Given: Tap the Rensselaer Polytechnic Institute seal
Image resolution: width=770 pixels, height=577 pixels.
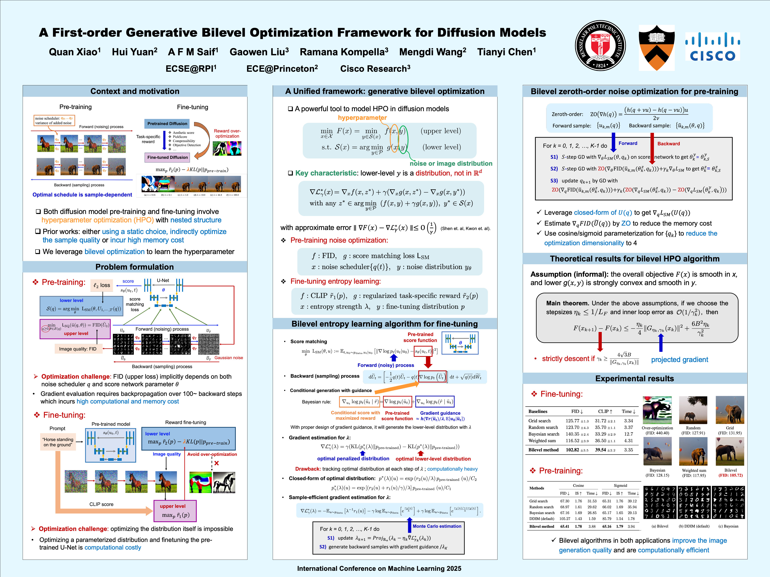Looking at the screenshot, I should click(600, 45).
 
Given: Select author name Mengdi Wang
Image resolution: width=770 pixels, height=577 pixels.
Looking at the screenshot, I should click(432, 52).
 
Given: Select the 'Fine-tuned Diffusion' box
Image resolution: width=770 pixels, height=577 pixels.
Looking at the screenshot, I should click(167, 157).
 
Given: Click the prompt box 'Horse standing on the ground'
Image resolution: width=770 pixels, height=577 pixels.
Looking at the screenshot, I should click(58, 442).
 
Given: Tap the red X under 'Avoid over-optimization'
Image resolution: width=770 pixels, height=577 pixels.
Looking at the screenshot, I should click(217, 463).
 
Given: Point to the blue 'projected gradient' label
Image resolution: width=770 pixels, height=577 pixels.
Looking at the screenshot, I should click(680, 360).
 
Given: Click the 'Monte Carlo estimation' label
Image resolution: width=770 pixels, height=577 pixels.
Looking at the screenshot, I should click(437, 526).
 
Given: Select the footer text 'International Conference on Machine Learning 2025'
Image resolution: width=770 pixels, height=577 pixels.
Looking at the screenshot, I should click(379, 568).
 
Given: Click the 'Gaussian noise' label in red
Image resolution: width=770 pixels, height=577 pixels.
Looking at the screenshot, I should click(229, 358).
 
